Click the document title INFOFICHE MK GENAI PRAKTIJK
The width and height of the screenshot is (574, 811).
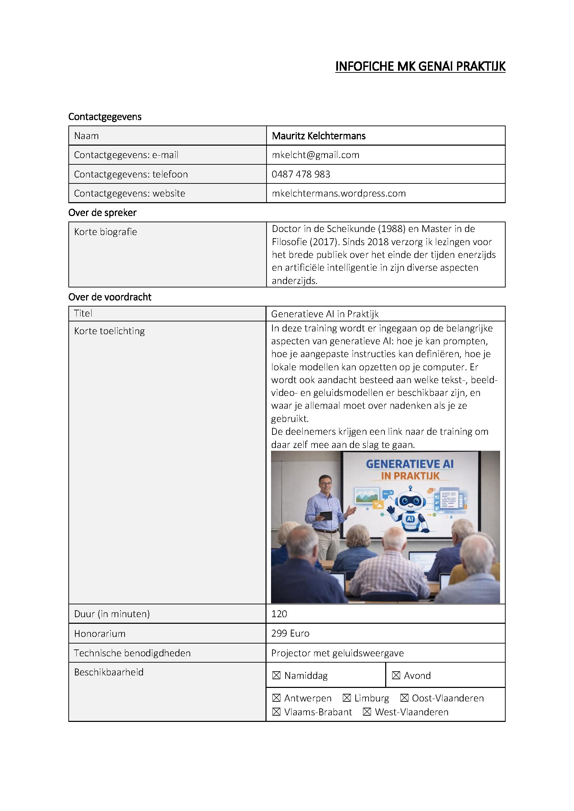coord(420,67)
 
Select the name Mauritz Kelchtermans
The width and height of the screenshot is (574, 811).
coord(319,136)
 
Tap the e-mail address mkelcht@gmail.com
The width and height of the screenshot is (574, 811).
coord(315,155)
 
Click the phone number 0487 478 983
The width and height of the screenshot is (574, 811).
coord(301,174)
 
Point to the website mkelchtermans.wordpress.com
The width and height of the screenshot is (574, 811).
coord(339,193)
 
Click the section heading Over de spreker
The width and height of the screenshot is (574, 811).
coord(102,213)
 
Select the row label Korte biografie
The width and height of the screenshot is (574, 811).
coord(105,232)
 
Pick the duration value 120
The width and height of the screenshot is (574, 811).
coord(279,614)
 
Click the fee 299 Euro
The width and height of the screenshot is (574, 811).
coord(290,633)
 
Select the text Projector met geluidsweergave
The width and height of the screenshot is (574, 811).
coord(337,653)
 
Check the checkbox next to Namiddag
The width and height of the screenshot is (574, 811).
coord(276,676)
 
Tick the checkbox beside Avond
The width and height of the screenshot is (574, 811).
coord(396,676)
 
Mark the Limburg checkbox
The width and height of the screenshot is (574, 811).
coord(347,698)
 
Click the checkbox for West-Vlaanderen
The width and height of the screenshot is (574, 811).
coord(367,712)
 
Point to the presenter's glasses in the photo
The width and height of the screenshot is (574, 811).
coord(325,482)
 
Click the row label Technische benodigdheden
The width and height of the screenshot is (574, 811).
coord(132,653)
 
